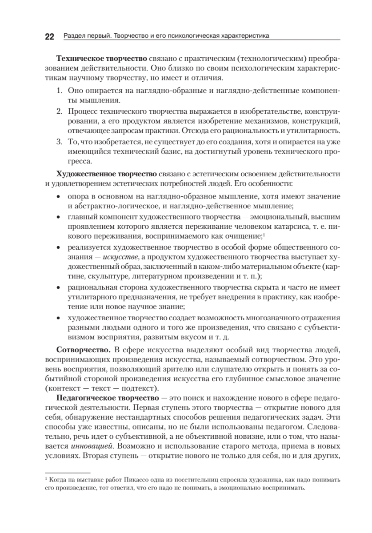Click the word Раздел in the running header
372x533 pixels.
pos(73,36)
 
